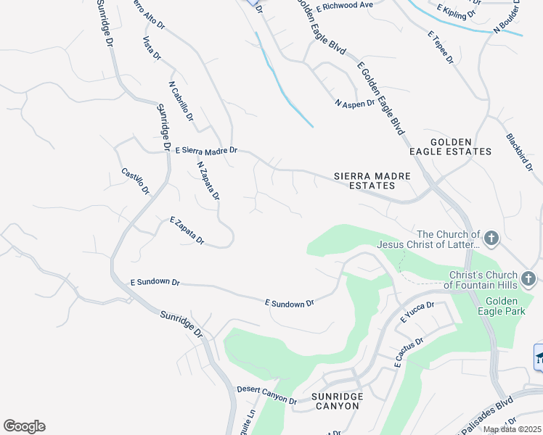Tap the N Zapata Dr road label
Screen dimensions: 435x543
point(208,180)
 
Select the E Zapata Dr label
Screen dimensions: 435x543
point(187,230)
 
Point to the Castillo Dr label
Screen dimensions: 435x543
point(135,182)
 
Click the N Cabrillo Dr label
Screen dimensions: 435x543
point(181,101)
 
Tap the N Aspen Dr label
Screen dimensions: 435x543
point(354,103)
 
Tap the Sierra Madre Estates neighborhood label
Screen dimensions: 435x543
point(372,181)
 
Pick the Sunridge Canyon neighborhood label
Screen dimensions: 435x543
point(335,401)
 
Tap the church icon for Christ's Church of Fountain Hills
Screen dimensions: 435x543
point(528,278)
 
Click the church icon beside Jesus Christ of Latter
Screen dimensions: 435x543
point(491,238)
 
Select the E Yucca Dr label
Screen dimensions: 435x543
point(417,312)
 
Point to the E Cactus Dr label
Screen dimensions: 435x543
point(408,351)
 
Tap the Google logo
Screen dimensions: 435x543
point(25,426)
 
